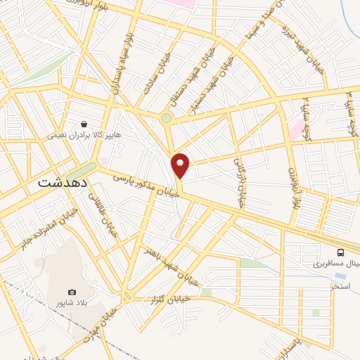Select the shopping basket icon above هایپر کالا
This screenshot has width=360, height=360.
(84, 123)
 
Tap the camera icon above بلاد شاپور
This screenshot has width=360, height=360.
(72, 292)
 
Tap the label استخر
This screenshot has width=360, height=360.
(341, 286)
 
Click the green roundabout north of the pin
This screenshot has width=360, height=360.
(166, 118)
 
